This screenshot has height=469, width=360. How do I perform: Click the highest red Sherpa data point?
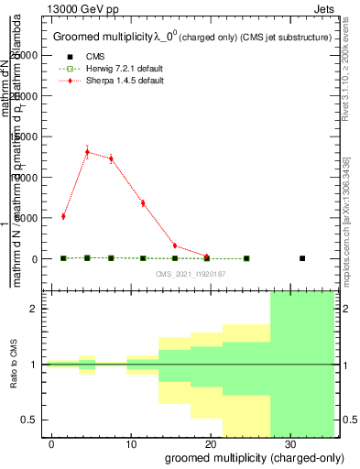[87, 152]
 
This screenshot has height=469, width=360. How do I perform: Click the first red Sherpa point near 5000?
[63, 216]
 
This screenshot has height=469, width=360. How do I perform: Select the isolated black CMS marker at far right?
[302, 258]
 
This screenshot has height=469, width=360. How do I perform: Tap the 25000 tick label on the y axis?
[24, 55]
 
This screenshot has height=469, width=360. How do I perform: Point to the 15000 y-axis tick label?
[24, 136]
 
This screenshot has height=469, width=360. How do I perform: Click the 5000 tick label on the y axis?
[27, 218]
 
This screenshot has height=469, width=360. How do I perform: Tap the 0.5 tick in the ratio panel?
[30, 420]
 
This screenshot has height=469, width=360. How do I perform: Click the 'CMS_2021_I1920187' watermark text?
[191, 274]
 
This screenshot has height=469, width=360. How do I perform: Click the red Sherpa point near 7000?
[143, 202]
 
